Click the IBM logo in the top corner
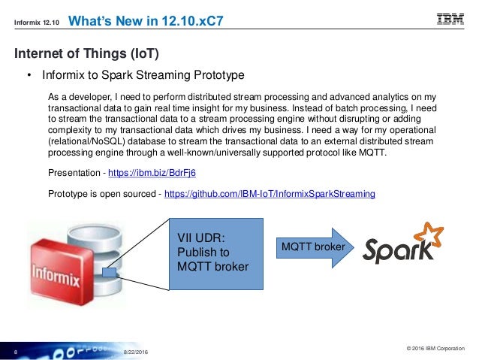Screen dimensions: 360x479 tap(450, 20)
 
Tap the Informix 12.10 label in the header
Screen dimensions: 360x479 tap(36, 22)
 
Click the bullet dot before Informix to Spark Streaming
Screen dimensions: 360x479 tap(29, 76)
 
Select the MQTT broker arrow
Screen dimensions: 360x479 tap(314, 247)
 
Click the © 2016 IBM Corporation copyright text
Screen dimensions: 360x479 tap(435, 348)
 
